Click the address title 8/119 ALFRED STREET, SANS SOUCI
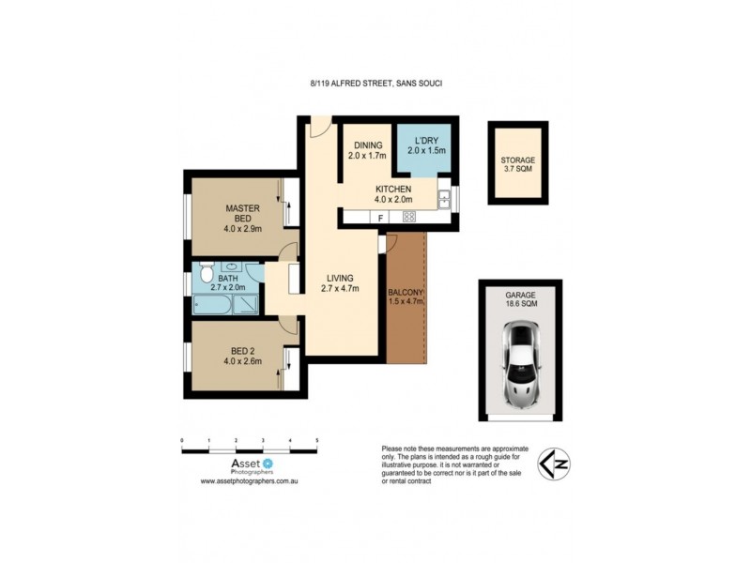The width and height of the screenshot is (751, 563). [375, 84]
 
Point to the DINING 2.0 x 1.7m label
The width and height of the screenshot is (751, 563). [367, 150]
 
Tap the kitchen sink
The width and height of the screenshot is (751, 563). [443, 198]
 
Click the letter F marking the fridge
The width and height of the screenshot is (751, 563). [379, 218]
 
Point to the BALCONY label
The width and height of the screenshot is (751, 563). [406, 297]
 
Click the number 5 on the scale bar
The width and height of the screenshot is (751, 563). [317, 440]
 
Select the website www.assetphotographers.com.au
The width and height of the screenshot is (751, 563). [249, 480]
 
